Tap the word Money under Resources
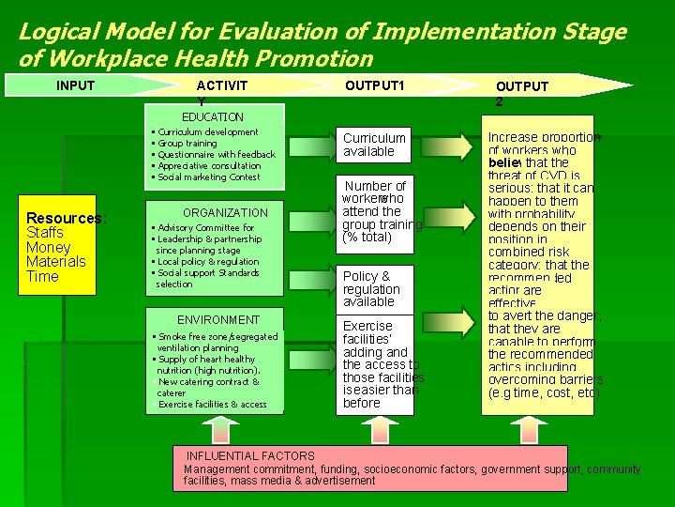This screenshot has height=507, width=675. [48, 247]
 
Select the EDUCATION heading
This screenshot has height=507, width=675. [213, 117]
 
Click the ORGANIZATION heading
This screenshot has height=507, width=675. [225, 213]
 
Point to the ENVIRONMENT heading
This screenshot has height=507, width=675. [218, 320]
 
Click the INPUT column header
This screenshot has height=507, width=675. [75, 86]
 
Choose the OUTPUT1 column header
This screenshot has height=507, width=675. [374, 86]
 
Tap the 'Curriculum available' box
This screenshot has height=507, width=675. [374, 145]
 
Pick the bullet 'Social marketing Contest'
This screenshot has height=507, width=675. [208, 177]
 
